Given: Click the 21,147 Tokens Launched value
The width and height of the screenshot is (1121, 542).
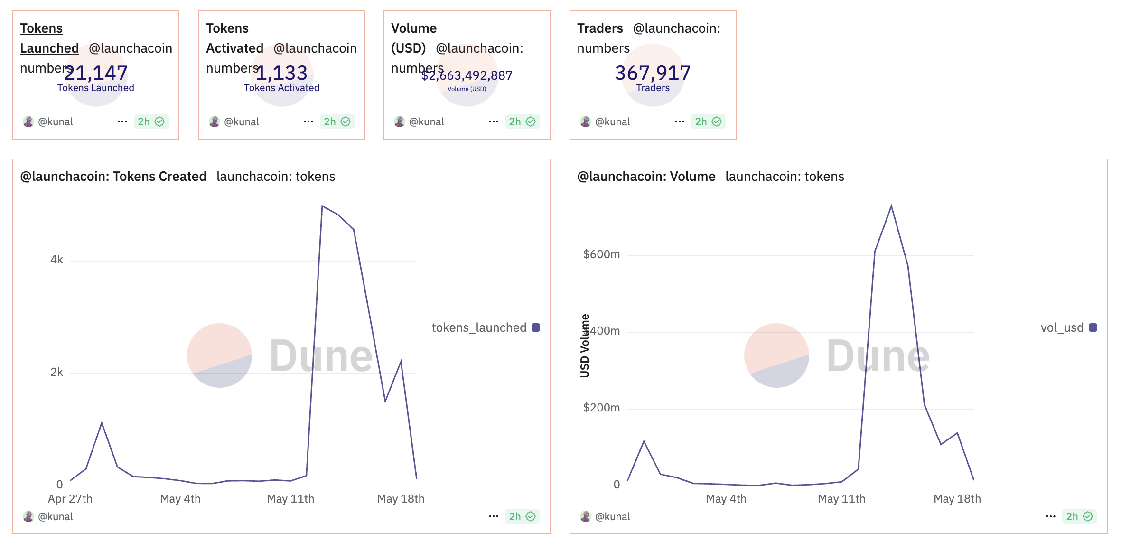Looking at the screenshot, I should coord(96,73).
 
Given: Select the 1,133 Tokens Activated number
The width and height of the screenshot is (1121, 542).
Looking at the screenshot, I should coord(281,73).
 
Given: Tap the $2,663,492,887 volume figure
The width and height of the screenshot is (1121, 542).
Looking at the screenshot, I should coord(467,75).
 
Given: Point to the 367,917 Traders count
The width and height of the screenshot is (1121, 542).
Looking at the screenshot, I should coord(653,73).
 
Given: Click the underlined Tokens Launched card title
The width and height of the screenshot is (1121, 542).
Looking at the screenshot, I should coord(49,38).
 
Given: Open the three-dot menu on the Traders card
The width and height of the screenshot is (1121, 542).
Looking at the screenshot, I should coord(679,121).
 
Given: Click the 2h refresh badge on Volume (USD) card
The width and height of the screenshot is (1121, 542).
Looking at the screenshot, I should coord(522,121).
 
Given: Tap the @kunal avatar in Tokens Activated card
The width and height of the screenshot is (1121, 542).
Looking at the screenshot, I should coord(215,121).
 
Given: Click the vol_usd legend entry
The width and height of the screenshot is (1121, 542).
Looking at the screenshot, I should coord(1068,327).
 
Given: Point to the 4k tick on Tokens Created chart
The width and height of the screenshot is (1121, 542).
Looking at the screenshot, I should coord(56,260).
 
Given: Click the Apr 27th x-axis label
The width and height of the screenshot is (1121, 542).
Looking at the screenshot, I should coord(70,499).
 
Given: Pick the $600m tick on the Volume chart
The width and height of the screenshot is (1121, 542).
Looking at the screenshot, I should coord(601,254).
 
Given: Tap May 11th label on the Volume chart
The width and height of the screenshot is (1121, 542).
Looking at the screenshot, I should coord(841,499).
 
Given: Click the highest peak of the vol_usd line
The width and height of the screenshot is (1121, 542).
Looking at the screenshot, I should coord(891,206).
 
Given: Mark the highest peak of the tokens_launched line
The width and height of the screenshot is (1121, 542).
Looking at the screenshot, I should coord(322,206).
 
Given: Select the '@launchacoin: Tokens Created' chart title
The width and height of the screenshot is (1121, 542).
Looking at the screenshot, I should coord(113,177).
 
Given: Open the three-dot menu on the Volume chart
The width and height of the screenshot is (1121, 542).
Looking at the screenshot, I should coord(1050,516).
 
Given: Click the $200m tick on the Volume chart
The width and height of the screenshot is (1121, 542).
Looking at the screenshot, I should coord(601,408).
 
